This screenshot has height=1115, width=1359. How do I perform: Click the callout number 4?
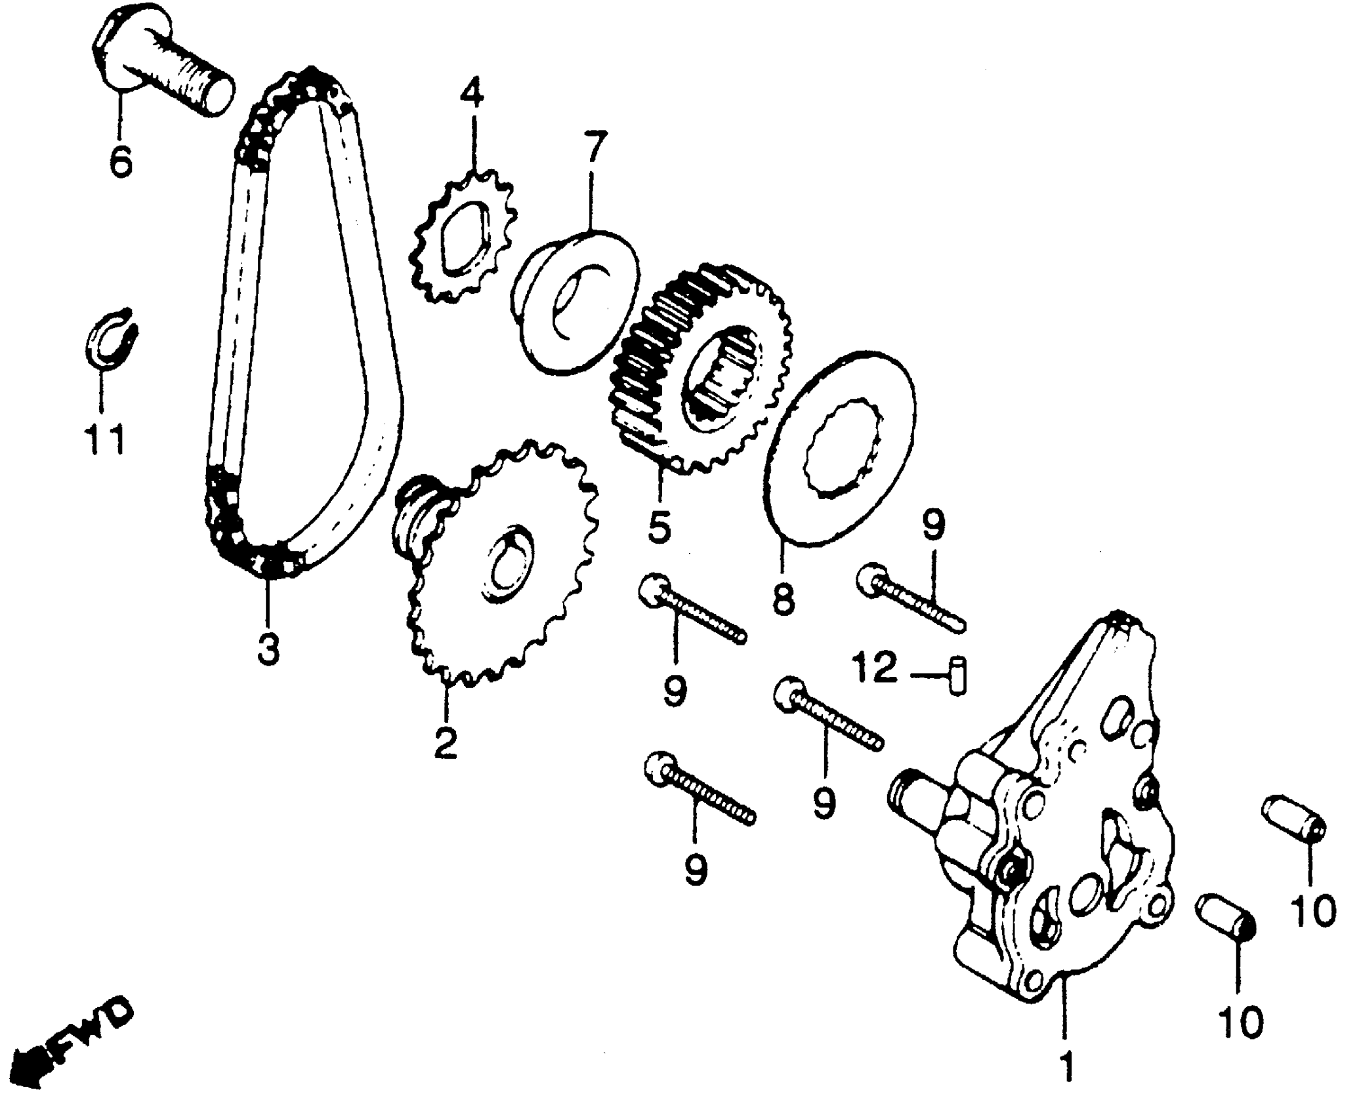click(x=471, y=94)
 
